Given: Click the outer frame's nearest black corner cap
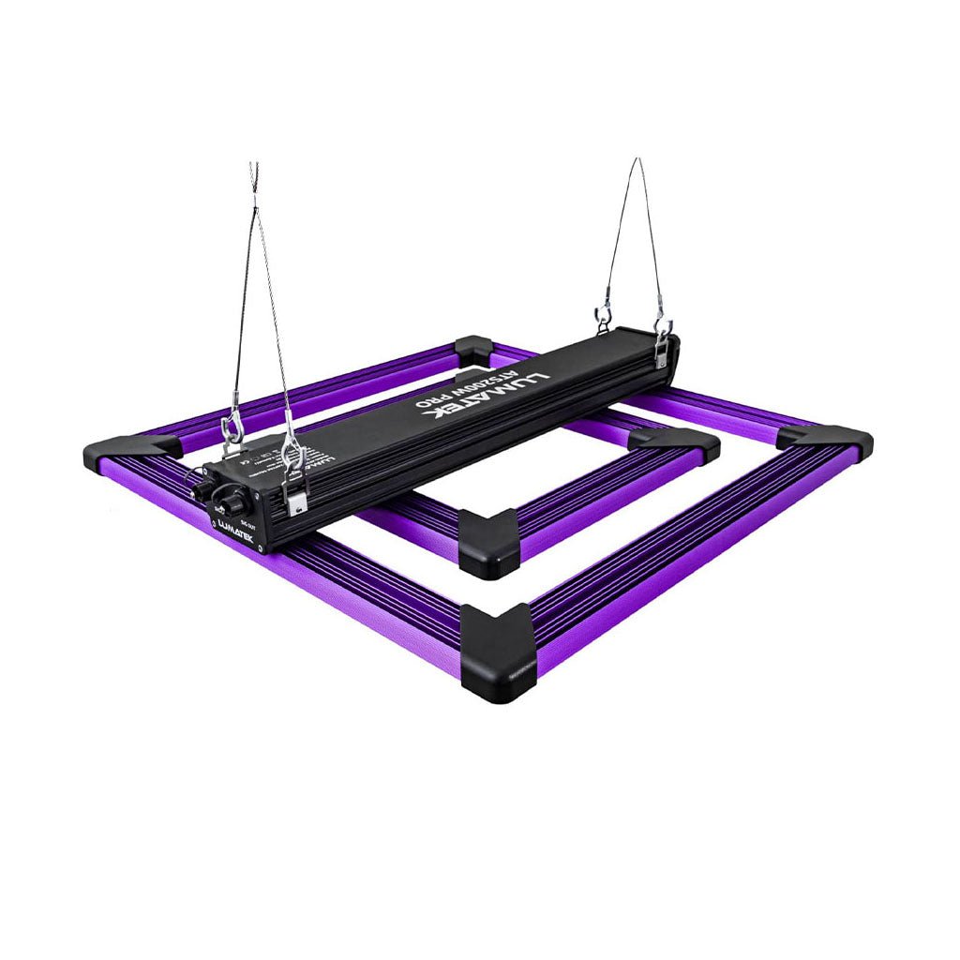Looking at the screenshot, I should (497, 652).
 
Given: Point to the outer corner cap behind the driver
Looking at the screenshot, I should (472, 349).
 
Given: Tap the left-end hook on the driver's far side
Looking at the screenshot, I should (231, 429).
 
